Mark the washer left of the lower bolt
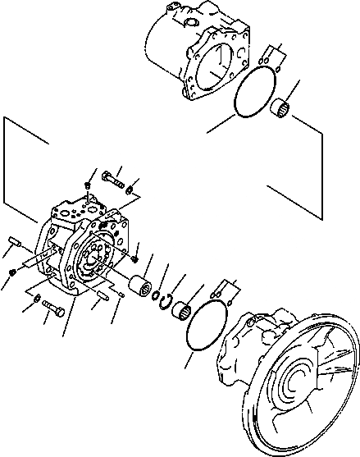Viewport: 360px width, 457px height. point(37,297)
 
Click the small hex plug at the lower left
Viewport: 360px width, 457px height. point(11,272)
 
